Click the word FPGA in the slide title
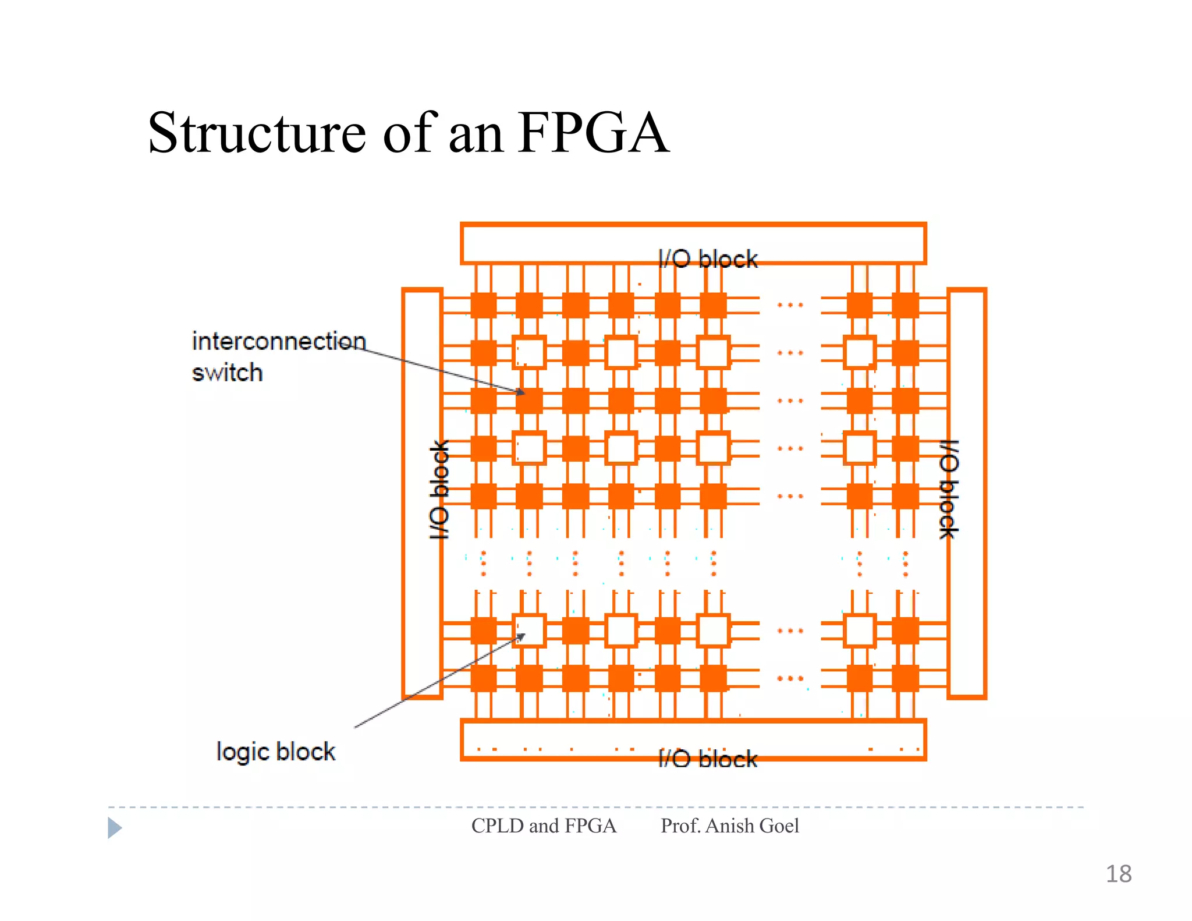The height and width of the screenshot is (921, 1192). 594,134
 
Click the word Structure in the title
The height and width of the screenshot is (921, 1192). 256,134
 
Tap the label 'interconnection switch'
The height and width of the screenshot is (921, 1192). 278,356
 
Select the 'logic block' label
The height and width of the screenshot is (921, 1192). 275,752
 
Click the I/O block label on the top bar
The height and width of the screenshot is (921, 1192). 708,259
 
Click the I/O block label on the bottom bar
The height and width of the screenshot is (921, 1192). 708,759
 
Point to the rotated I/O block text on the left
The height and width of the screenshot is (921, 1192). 439,490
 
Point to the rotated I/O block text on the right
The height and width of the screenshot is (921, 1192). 949,490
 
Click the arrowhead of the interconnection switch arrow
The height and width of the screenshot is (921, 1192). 521,392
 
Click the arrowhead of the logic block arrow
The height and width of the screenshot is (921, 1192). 521,637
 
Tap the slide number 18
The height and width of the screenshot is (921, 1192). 1118,874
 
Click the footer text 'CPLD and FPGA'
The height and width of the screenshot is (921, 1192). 544,826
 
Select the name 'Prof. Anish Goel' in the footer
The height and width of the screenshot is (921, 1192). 729,826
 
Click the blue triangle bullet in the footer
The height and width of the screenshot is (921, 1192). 114,827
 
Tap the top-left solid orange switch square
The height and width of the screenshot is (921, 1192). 483,305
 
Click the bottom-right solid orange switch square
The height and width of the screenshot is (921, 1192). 905,678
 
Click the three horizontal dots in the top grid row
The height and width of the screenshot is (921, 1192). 790,305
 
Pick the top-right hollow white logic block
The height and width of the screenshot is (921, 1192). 860,353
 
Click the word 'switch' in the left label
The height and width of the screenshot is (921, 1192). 227,373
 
